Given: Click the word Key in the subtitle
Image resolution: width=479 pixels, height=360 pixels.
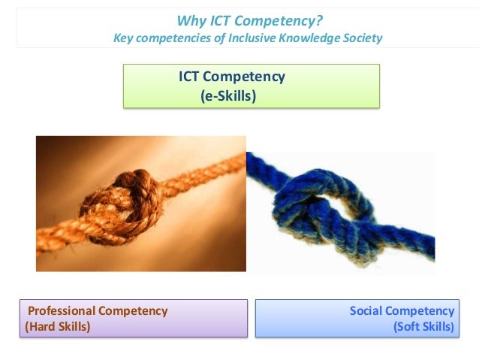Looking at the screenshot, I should pyautogui.click(x=122, y=38).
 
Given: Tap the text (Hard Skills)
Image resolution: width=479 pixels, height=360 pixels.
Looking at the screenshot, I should pyautogui.click(x=57, y=327).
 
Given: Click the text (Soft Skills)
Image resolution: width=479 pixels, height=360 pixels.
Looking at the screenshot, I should pyautogui.click(x=423, y=327).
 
